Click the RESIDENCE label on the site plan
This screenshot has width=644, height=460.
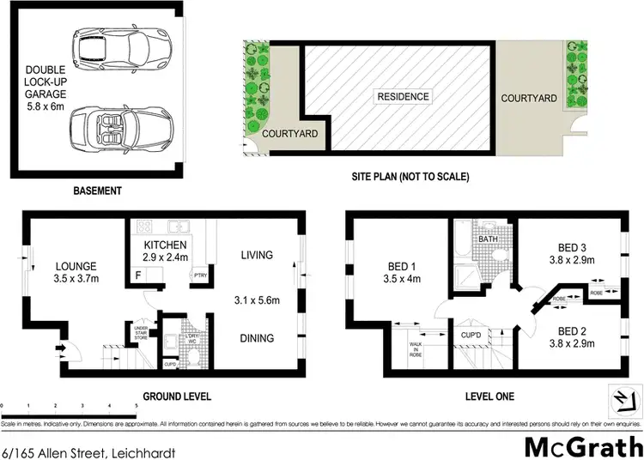tap(403, 96)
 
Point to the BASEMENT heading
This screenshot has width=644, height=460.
tap(98, 191)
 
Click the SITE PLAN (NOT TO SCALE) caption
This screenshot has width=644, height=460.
tap(410, 177)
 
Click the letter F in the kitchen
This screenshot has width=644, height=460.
tap(137, 276)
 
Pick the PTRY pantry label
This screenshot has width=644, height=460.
tap(199, 275)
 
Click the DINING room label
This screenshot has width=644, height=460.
tap(257, 338)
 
